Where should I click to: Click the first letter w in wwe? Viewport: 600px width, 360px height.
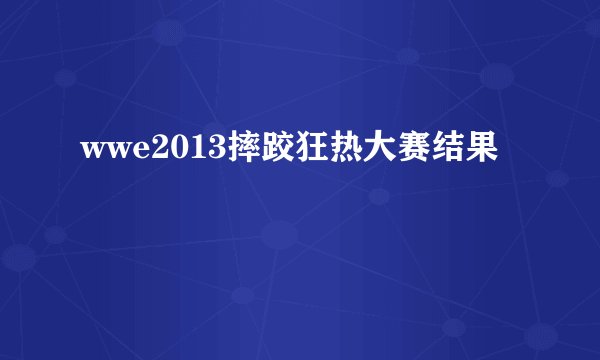click(88, 153)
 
